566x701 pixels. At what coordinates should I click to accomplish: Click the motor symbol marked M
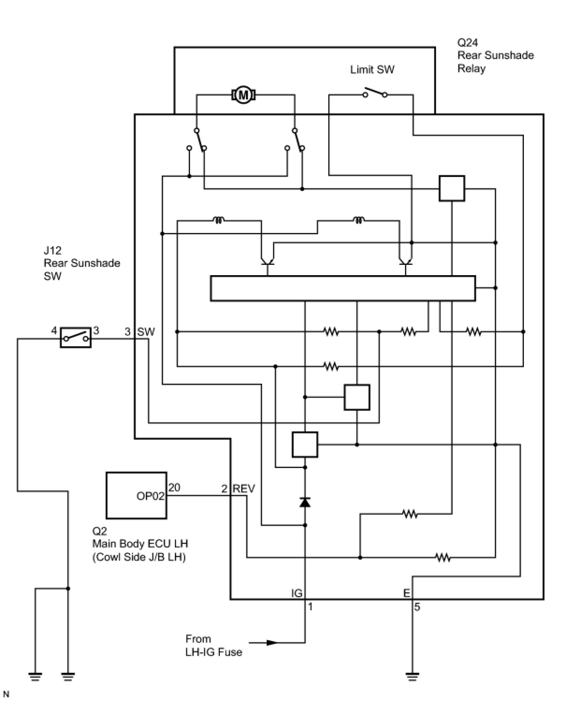point(243,95)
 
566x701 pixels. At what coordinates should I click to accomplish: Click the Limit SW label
point(372,70)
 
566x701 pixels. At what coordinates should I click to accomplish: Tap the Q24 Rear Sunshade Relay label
point(495,56)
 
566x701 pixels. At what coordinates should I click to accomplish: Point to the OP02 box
point(136,495)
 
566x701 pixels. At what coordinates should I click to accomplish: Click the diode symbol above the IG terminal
point(305,503)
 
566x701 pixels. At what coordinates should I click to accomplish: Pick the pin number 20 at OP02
point(174,488)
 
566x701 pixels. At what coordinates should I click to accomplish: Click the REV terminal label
point(244,489)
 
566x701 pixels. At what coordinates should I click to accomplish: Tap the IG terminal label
point(297,593)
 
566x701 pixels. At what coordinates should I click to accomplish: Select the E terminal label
point(406,593)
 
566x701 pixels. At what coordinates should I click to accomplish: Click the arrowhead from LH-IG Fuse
point(272,643)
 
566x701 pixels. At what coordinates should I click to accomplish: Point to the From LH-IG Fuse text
point(213,645)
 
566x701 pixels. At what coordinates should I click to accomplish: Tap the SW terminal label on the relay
point(145,332)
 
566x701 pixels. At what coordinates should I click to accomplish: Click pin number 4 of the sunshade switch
point(54,331)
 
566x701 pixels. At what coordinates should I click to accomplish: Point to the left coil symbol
point(218,219)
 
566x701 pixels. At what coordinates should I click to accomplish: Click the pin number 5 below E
point(417,607)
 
